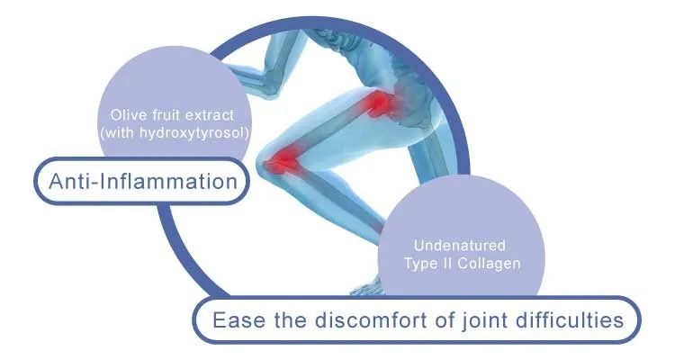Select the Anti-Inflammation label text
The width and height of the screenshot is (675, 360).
coord(140,181)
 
